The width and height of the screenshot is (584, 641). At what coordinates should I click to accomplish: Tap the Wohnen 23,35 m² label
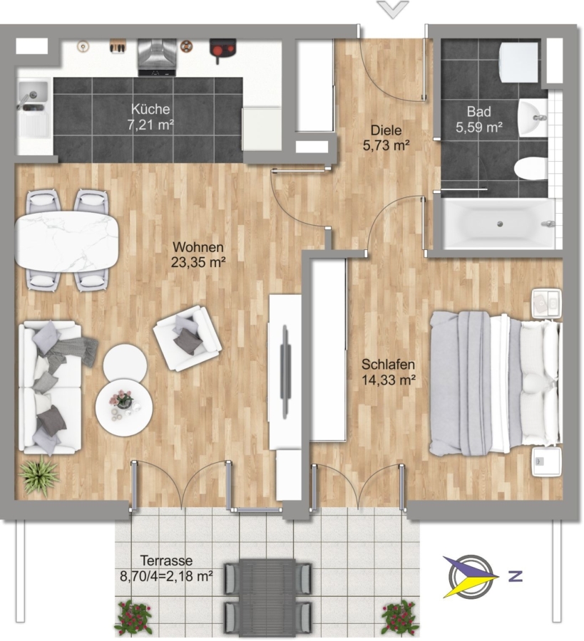tap(198, 254)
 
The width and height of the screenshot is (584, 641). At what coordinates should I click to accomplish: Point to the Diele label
tap(386, 130)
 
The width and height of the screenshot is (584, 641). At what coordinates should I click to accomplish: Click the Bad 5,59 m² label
tap(479, 120)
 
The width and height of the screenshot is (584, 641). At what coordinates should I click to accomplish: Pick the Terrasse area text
tap(166, 568)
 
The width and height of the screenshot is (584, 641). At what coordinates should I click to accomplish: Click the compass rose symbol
tap(471, 576)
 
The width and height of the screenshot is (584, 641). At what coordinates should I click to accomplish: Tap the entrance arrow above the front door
tap(394, 9)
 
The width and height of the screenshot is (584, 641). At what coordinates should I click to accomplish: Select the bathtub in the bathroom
tap(500, 224)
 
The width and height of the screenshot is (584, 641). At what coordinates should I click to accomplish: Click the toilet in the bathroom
tap(531, 170)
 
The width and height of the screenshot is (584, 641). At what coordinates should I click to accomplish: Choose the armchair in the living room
tap(188, 338)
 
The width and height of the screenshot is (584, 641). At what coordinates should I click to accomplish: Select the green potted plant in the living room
tap(39, 476)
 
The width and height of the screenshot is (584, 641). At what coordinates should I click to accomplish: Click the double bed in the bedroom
tap(496, 383)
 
